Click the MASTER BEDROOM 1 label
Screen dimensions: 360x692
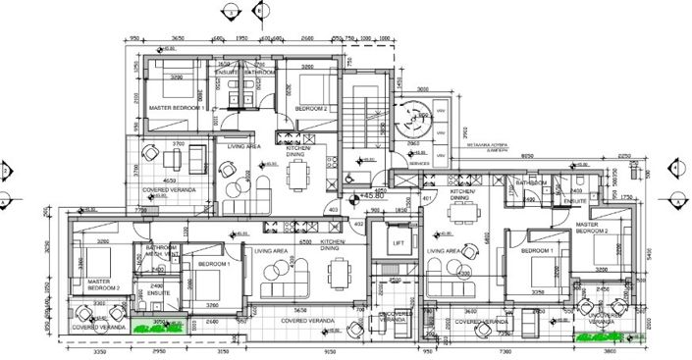(178, 108)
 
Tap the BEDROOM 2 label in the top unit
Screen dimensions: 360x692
(311, 109)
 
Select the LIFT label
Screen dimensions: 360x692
(399, 244)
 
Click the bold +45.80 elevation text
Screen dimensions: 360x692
(373, 196)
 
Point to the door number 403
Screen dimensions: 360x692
(334, 209)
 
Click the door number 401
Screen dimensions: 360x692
(427, 199)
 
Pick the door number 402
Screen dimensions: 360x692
(359, 225)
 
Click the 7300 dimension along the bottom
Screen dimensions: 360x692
(505, 350)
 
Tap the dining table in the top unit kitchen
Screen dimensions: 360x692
(298, 177)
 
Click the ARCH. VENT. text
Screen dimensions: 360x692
(161, 253)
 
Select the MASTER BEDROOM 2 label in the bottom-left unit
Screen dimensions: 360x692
(103, 284)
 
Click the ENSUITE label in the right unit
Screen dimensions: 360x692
(574, 200)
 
